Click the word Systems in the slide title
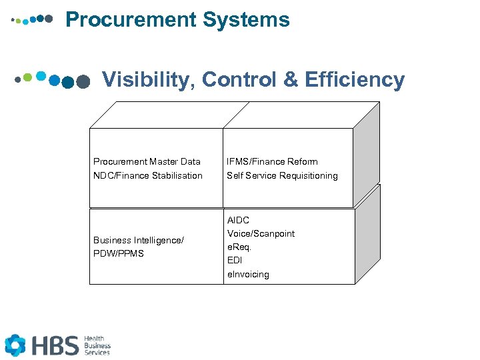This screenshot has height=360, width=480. click(247, 20)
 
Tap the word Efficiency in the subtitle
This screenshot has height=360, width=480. click(355, 80)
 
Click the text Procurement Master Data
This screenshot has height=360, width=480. click(147, 161)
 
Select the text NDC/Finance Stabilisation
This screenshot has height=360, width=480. click(148, 175)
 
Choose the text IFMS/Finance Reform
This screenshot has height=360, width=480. click(272, 161)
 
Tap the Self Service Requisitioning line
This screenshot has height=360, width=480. click(282, 175)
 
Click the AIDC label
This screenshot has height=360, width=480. click(238, 220)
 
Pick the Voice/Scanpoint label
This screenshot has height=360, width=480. click(261, 233)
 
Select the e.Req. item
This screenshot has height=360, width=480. click(239, 247)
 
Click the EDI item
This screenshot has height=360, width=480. click(235, 261)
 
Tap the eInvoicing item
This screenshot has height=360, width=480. click(248, 274)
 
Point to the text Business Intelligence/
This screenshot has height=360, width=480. click(139, 240)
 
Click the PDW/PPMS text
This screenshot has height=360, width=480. click(119, 253)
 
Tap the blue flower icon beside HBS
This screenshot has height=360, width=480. click(15, 345)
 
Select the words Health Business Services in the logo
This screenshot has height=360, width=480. click(97, 345)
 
